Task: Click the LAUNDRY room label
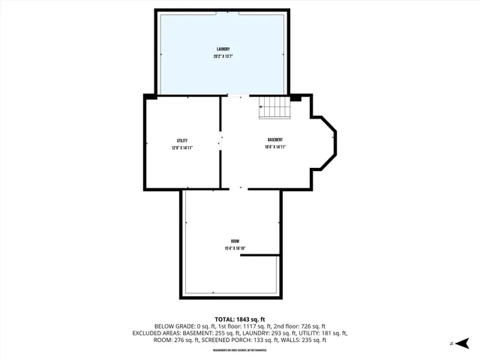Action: (x=222, y=49)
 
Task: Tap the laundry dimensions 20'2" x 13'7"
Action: (x=222, y=57)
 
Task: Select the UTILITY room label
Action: (x=182, y=140)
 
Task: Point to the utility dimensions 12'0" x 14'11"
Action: (x=182, y=148)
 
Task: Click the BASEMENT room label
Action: (x=275, y=140)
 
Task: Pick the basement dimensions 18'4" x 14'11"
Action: (x=275, y=148)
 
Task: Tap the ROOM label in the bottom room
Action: (x=235, y=241)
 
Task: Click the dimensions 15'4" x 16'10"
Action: (x=235, y=248)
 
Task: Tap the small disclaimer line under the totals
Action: (x=240, y=350)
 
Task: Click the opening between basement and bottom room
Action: (x=240, y=188)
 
